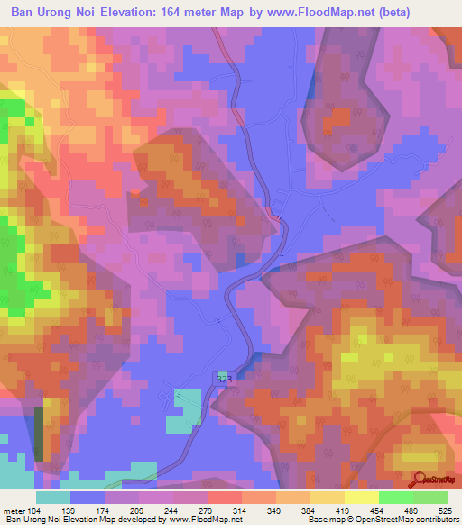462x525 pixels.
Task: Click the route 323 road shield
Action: click(x=225, y=380)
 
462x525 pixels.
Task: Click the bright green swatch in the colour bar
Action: click(x=395, y=497)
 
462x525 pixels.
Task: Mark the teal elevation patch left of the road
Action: click(x=188, y=405)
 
